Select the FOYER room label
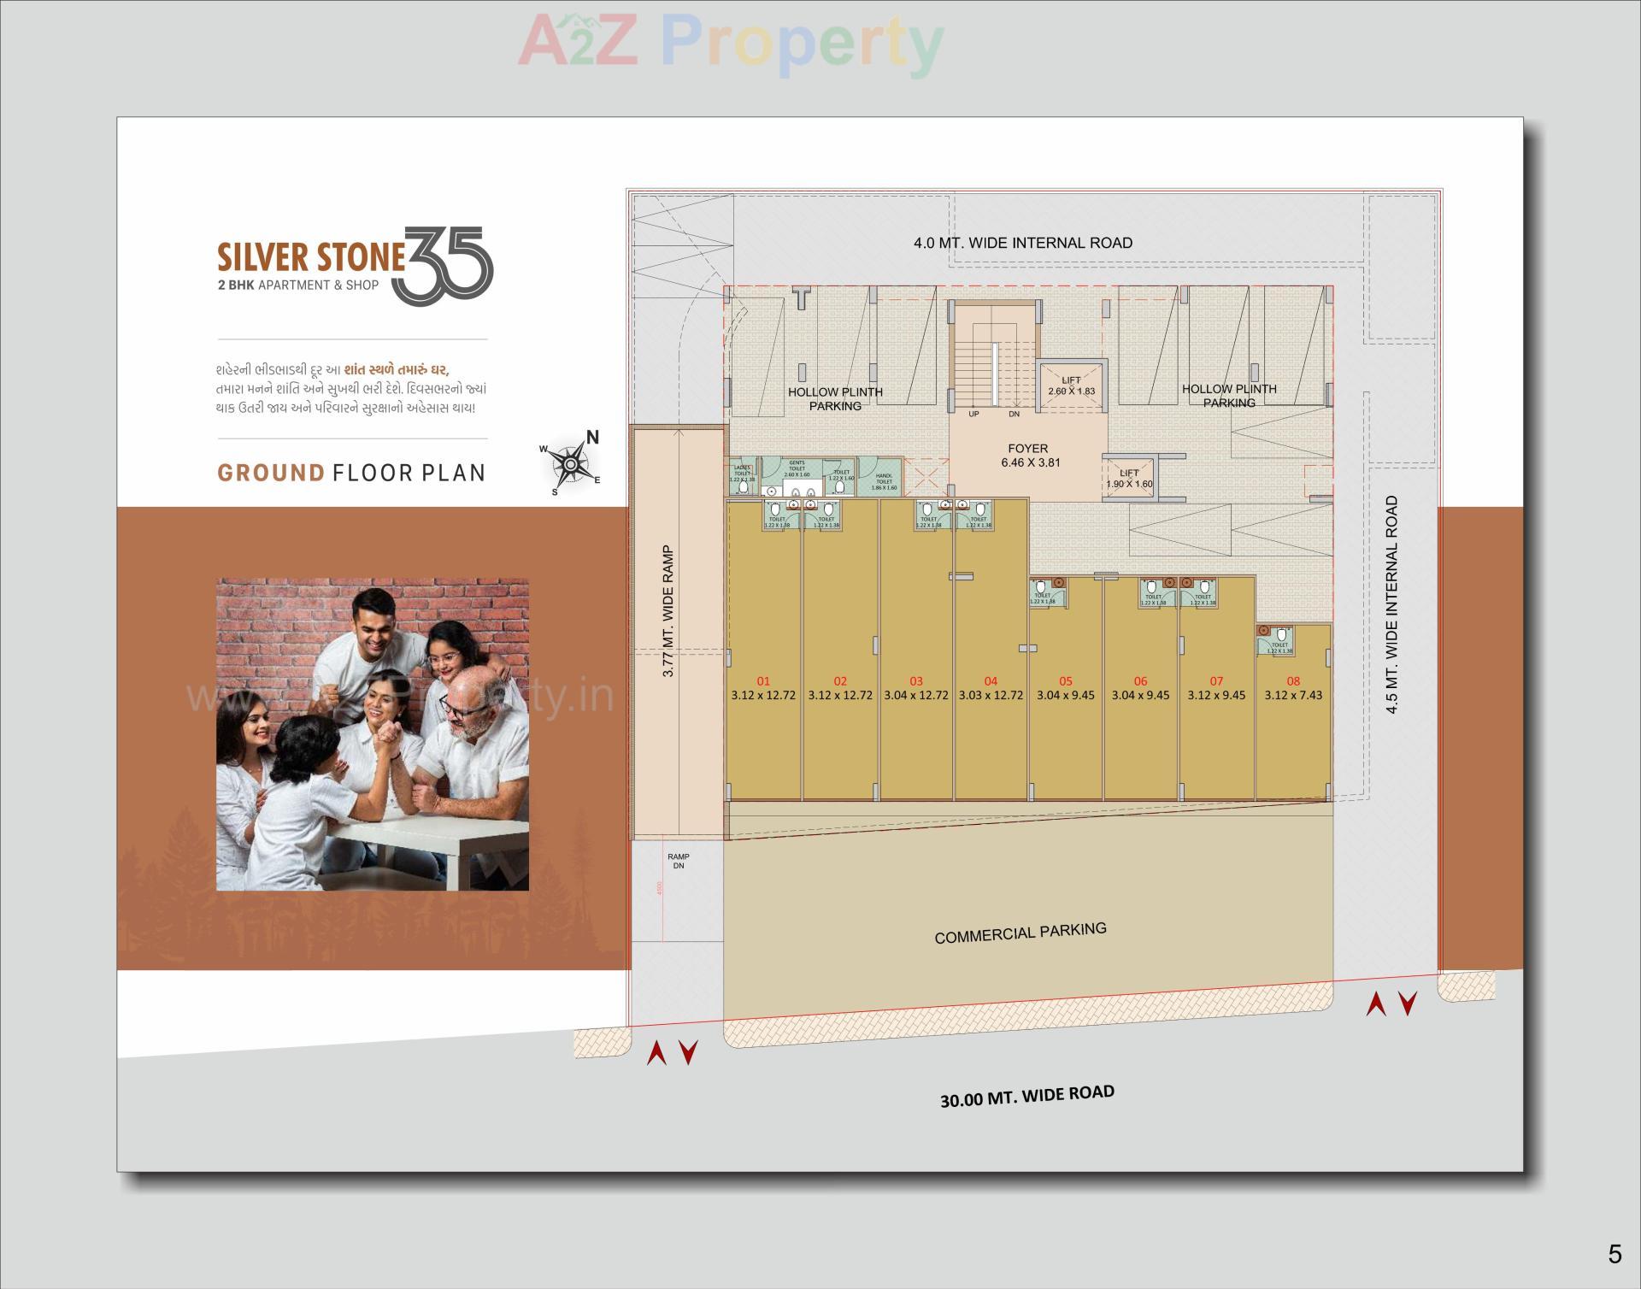click(1028, 449)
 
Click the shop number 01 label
click(763, 681)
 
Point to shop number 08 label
click(1293, 681)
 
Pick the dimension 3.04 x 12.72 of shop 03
click(916, 696)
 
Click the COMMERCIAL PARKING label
click(1020, 933)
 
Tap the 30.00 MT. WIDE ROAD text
click(1027, 1096)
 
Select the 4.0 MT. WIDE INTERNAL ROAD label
click(1023, 243)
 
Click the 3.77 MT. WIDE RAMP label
click(669, 612)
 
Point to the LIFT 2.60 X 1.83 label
click(1071, 386)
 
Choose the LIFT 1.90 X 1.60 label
click(1129, 479)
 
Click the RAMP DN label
click(679, 861)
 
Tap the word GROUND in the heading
click(271, 473)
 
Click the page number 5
click(1614, 1254)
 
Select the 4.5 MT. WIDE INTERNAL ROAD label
click(1392, 604)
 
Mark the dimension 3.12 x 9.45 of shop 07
click(1216, 696)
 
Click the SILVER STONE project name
click(310, 257)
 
